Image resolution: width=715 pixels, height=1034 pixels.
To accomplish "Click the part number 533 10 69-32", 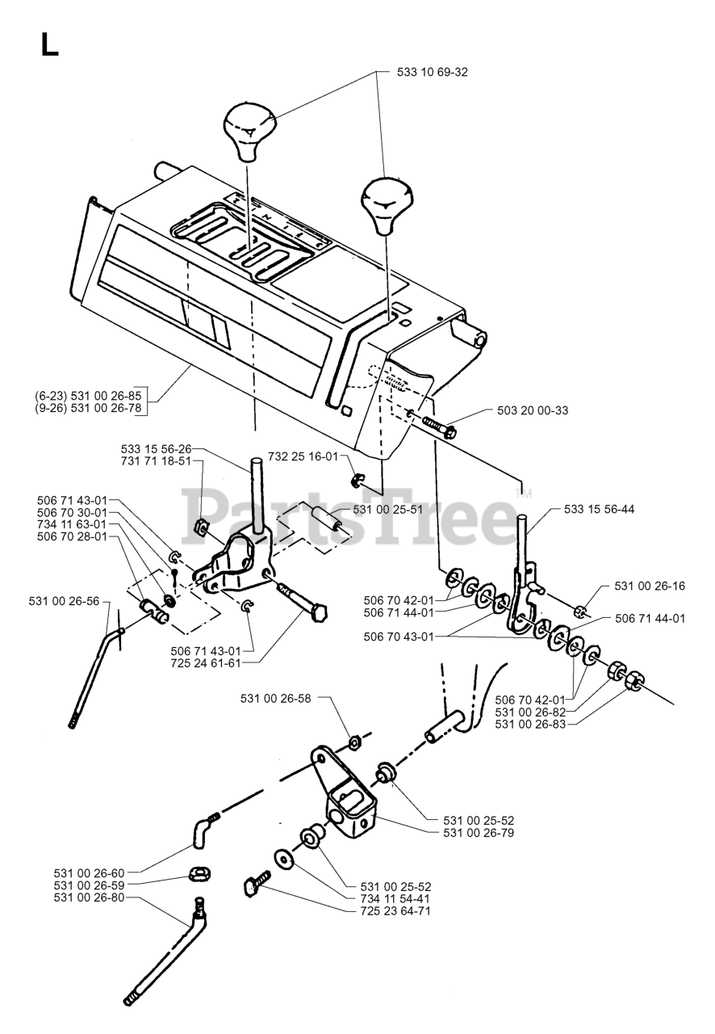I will [x=433, y=72].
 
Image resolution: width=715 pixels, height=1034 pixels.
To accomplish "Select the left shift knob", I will [x=249, y=131].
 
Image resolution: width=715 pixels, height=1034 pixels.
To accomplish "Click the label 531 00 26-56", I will [x=64, y=601].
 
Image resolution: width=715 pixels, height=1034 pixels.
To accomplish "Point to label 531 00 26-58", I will [x=275, y=697].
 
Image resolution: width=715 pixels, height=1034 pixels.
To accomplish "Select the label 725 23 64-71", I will [x=395, y=910].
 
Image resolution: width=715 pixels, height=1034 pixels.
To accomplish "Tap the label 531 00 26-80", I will [x=90, y=897].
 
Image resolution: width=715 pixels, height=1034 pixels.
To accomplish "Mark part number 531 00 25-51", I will [x=387, y=509].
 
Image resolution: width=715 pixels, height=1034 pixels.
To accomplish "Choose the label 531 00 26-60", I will [x=90, y=873].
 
